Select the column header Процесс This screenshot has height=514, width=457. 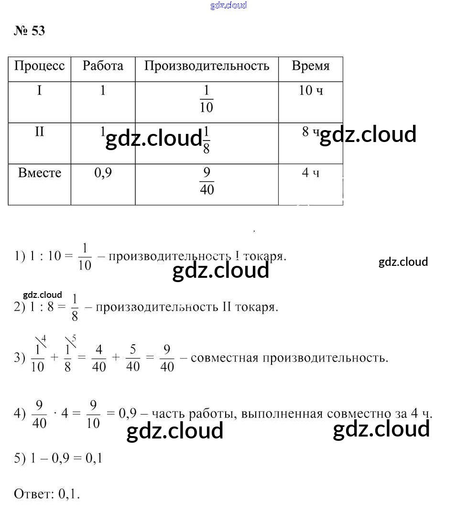[39, 66]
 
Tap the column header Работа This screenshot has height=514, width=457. [103, 66]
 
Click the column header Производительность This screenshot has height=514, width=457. [207, 66]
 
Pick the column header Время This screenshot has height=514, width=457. [311, 66]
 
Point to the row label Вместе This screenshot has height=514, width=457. [40, 173]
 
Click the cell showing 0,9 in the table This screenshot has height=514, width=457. [103, 173]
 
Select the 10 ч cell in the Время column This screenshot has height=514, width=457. [311, 90]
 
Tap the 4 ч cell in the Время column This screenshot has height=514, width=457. [310, 173]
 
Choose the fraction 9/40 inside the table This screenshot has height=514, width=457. [207, 181]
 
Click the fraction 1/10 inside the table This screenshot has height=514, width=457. [207, 99]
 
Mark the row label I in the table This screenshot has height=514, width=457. [39, 90]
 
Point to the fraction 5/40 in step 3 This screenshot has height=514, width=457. [133, 359]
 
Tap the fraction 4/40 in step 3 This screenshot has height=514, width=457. [98, 359]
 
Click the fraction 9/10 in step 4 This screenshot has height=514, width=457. [93, 415]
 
